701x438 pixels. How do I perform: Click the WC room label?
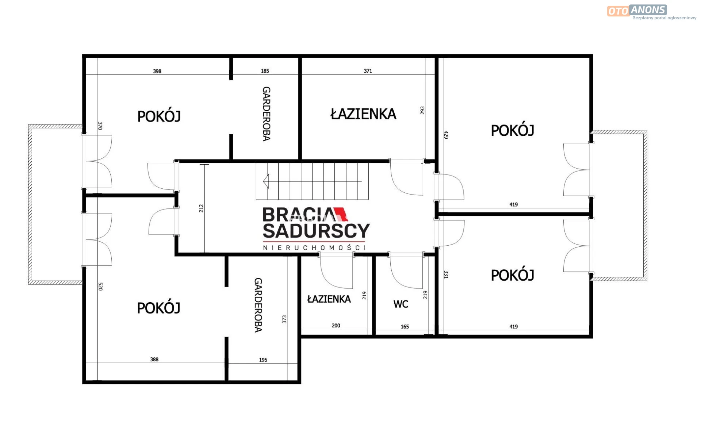click(401, 304)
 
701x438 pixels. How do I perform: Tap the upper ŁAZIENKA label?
click(363, 114)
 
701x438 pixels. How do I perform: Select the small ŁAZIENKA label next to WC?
click(329, 299)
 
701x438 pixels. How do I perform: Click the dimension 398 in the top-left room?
click(157, 71)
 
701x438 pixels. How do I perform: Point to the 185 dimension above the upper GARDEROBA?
click(265, 71)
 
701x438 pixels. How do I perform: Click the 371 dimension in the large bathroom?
click(368, 71)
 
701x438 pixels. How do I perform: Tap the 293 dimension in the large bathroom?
click(422, 110)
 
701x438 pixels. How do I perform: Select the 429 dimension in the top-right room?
click(446, 135)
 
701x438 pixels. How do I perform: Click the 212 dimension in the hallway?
click(201, 208)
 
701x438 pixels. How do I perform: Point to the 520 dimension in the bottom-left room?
click(100, 287)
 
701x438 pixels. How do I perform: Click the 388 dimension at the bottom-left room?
click(154, 360)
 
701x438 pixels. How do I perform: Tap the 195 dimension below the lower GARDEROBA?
click(263, 360)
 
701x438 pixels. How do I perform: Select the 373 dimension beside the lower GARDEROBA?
click(284, 319)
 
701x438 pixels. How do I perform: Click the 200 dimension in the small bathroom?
click(336, 326)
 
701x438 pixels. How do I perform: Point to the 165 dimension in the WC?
click(405, 327)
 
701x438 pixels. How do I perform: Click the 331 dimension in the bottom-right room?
click(446, 274)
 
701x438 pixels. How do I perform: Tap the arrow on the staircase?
click(312, 181)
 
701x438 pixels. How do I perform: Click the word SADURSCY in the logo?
click(316, 231)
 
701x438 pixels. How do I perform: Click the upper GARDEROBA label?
click(267, 114)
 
